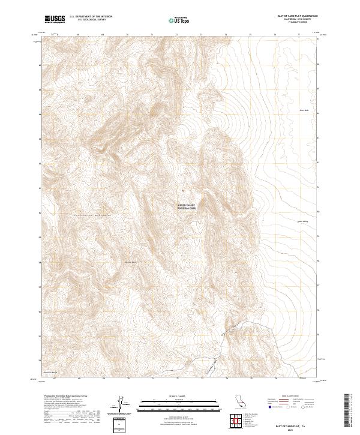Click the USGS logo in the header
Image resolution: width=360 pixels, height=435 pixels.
[x=55, y=20]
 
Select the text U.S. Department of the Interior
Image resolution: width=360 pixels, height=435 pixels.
[x=91, y=17]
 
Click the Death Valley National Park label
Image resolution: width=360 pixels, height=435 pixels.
[x=187, y=206]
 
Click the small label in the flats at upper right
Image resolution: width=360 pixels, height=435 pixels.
[x=303, y=110]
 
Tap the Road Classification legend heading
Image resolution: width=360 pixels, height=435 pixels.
[x=293, y=397]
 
